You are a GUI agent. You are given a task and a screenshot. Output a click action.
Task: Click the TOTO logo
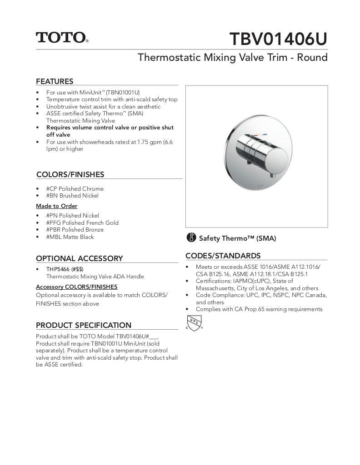point(62,37)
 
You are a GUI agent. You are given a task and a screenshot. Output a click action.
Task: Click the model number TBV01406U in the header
point(278,40)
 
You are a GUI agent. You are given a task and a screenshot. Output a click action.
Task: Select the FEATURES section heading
point(55,81)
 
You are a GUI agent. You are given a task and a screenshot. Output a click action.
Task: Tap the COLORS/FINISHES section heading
point(70,174)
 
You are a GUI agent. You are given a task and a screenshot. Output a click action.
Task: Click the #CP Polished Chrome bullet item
point(75,188)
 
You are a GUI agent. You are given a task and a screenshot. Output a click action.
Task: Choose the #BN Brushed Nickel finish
point(72,196)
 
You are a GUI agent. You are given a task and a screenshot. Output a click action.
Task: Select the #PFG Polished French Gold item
point(82,223)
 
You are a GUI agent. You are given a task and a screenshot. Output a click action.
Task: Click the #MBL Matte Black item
point(70,237)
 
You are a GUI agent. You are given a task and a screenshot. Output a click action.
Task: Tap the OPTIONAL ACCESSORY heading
point(79,258)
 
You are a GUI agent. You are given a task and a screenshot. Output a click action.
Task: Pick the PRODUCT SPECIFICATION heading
point(83,325)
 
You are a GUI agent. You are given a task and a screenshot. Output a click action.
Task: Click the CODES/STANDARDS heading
point(223,256)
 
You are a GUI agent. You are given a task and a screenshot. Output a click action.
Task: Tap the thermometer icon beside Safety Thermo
point(191,237)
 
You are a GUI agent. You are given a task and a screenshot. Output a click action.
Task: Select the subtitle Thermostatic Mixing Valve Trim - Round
point(232,58)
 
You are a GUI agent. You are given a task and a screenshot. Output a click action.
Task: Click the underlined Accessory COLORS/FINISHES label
point(76,287)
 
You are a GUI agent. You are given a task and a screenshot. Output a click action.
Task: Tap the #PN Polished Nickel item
point(72,216)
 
